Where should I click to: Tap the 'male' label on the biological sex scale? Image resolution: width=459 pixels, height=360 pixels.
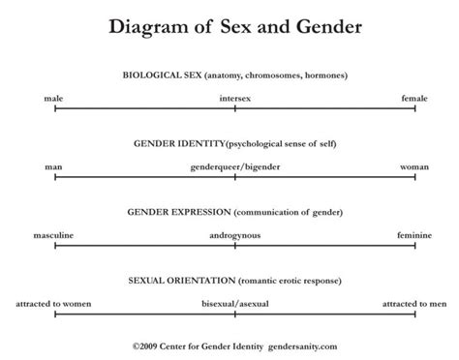coord(54,98)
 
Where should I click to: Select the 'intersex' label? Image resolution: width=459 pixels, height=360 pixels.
coord(235,98)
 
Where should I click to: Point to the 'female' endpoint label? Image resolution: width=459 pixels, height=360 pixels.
coord(415,98)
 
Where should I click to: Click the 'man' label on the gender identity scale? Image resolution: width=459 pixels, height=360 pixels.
coord(54,166)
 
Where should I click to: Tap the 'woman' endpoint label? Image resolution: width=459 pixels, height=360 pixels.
coord(414,166)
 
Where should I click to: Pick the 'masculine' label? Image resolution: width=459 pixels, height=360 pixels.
coord(54,235)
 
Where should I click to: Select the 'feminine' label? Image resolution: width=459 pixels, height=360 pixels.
coord(414,235)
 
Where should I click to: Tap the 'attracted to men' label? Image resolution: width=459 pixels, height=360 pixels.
coord(413,304)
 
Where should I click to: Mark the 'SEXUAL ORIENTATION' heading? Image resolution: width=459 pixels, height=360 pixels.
coord(181,280)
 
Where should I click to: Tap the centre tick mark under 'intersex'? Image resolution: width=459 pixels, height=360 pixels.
coord(235,108)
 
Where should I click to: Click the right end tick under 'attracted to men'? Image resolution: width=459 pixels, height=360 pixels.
coord(415,315)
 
